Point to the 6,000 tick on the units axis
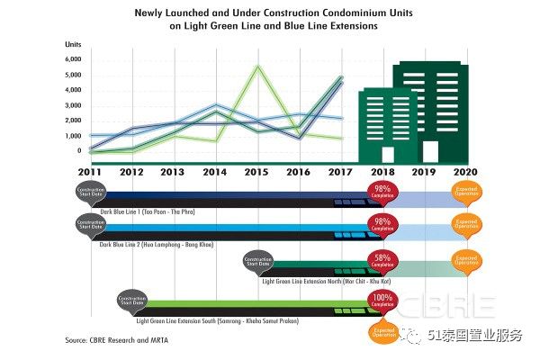tap(73, 59)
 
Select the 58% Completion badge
tap(381, 262)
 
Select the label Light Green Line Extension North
tap(319, 281)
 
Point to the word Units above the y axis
tap(73, 44)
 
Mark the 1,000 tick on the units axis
tap(73, 136)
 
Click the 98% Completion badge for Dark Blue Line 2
tap(381, 225)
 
